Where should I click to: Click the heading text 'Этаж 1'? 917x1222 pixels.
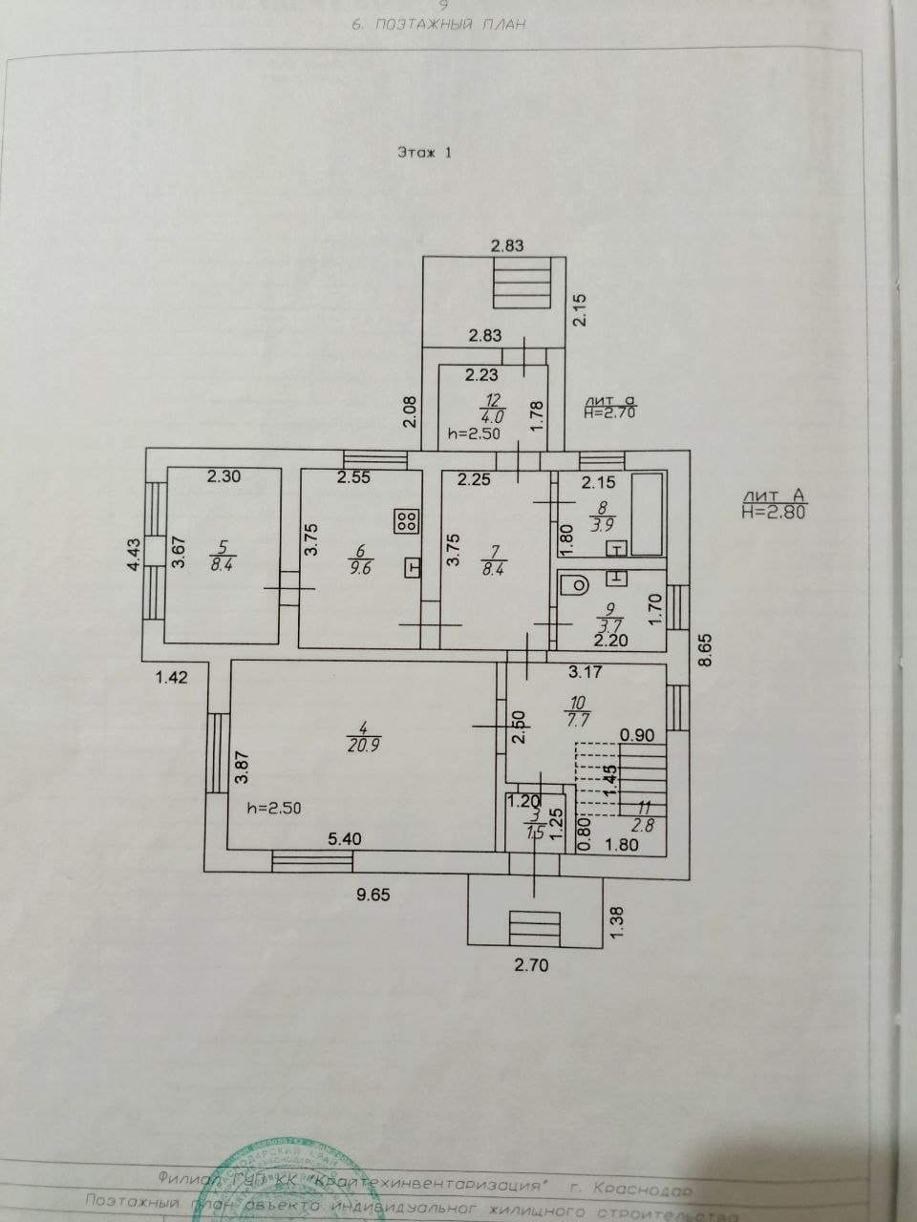424,152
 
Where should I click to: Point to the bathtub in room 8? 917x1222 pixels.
649,515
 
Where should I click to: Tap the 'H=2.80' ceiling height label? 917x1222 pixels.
774,511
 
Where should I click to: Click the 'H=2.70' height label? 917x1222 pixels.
609,412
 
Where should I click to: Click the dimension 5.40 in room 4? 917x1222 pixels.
346,838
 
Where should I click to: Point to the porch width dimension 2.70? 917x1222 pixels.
531,964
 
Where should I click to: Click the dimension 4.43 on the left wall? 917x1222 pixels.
135,555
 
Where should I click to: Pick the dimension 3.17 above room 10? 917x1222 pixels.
585,671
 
